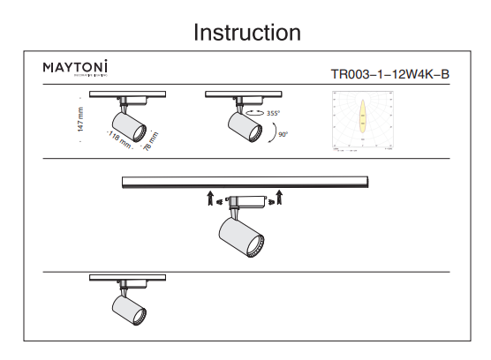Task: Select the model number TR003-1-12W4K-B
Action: (390, 74)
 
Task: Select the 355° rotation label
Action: (274, 114)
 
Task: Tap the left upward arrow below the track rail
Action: (211, 196)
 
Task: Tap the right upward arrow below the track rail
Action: (279, 196)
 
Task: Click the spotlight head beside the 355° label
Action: (245, 128)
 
